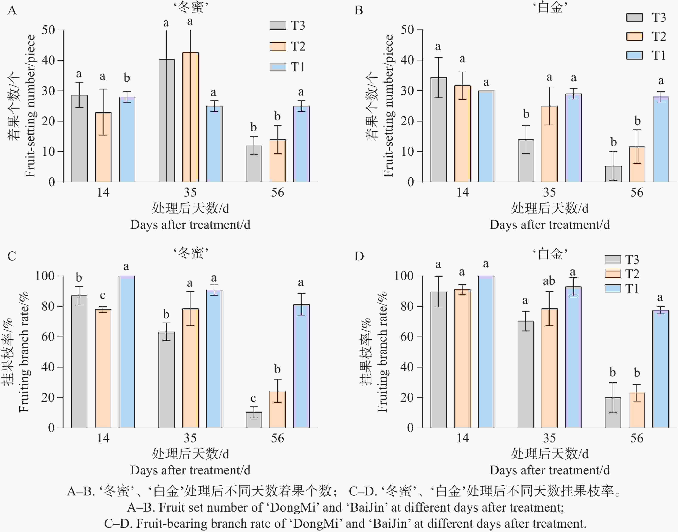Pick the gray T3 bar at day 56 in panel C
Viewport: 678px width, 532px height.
(x=254, y=420)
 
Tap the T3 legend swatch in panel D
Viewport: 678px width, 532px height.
(x=613, y=259)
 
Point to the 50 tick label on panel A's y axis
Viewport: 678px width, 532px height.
(x=48, y=30)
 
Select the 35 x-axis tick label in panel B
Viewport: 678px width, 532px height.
(x=549, y=192)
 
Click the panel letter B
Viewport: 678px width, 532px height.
(x=359, y=11)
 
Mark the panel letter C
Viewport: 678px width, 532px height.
(x=12, y=256)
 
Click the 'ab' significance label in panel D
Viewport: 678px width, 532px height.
(x=549, y=281)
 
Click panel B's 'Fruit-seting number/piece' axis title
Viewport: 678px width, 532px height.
(x=388, y=106)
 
